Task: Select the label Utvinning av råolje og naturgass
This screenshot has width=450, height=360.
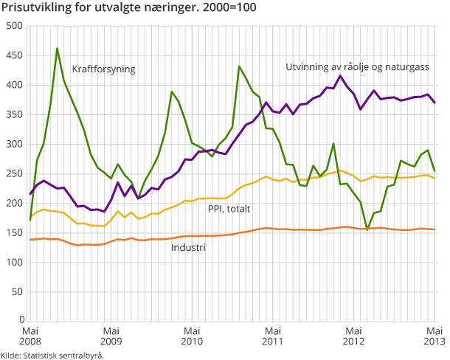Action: pyautogui.click(x=357, y=66)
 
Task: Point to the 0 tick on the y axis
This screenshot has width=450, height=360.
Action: pyautogui.click(x=21, y=321)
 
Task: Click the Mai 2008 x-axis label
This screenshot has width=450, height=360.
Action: pyautogui.click(x=30, y=336)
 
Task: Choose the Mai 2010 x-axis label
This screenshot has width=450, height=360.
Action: pyautogui.click(x=191, y=336)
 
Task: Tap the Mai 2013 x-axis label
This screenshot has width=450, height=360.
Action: pyautogui.click(x=435, y=336)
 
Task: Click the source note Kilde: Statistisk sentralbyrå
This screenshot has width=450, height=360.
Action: pyautogui.click(x=52, y=355)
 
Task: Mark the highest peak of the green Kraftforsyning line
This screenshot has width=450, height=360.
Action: pyautogui.click(x=58, y=49)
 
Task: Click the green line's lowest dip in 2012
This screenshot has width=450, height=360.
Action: pyautogui.click(x=367, y=229)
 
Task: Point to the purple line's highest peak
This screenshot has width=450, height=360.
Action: pyautogui.click(x=340, y=76)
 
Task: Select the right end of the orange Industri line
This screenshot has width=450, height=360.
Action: pyautogui.click(x=435, y=229)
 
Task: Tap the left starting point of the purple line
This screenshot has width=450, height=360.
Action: pyautogui.click(x=30, y=194)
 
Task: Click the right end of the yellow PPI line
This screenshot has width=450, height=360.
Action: pyautogui.click(x=435, y=179)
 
